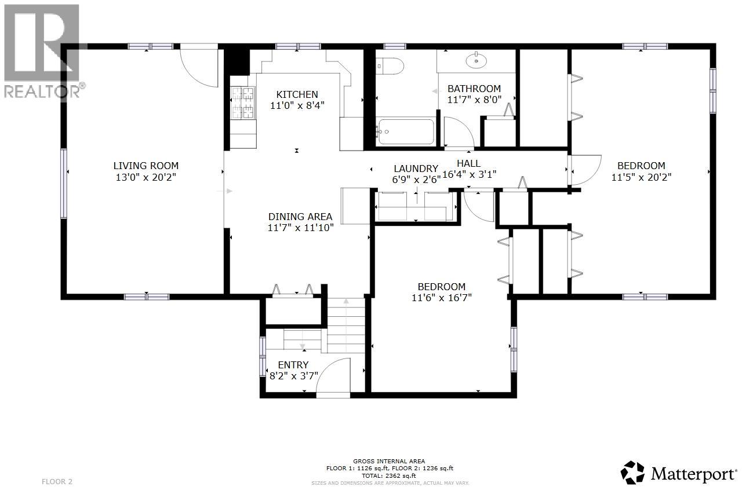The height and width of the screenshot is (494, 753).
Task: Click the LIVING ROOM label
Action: tap(145, 166)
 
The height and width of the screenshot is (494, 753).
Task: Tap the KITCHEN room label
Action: tap(297, 94)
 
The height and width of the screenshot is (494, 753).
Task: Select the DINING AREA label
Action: tap(300, 217)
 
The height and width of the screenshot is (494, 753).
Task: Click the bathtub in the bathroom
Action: tap(405, 131)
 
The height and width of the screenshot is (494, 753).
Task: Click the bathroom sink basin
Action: tap(477, 59)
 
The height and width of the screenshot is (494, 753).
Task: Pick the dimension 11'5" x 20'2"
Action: tap(641, 177)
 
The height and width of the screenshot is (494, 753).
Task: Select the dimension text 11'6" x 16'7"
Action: tap(442, 298)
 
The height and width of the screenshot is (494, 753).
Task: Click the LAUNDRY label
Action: tap(416, 169)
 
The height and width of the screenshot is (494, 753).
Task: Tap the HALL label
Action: tap(468, 163)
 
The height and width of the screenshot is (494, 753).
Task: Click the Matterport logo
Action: tap(679, 473)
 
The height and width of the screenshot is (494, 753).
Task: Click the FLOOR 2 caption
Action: tap(57, 481)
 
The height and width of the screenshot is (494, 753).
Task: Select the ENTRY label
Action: tap(293, 365)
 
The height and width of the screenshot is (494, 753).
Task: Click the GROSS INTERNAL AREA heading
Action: tap(389, 460)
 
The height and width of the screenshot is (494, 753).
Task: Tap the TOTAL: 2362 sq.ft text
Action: tap(389, 474)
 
